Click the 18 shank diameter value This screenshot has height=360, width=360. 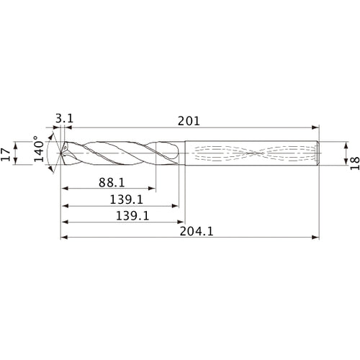point(351,153)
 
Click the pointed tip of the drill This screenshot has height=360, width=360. point(59,153)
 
